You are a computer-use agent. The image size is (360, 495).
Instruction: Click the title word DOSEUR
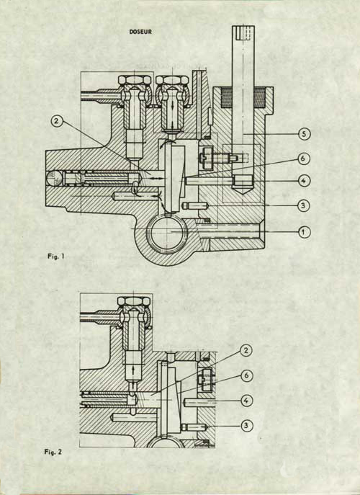(140, 32)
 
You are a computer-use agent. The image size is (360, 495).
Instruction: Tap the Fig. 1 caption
(56, 256)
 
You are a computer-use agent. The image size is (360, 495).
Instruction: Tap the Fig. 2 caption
(53, 452)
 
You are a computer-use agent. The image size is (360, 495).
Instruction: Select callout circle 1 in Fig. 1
(304, 232)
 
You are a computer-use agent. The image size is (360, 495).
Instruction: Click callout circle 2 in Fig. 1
(57, 121)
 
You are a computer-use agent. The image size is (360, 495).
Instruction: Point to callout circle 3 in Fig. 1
(303, 206)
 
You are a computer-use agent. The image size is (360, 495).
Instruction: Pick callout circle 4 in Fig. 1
(304, 181)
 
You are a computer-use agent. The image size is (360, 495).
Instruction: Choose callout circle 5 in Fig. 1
(304, 134)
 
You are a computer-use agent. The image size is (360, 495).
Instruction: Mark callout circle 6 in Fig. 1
(304, 158)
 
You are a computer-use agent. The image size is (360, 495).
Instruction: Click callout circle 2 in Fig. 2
(247, 350)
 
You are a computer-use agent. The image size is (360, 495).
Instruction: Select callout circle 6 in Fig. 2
(247, 375)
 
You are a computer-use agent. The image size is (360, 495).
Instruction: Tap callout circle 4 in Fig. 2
(247, 401)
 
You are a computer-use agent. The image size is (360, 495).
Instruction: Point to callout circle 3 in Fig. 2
(247, 426)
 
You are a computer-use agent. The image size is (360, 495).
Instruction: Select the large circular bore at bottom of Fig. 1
(167, 232)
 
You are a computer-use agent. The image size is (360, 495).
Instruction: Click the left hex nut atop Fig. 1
(134, 80)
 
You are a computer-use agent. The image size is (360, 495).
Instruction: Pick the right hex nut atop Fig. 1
(172, 80)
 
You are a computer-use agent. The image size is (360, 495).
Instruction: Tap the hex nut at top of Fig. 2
(133, 301)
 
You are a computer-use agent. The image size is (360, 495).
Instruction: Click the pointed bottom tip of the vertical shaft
(243, 193)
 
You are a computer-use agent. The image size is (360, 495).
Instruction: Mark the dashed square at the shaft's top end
(243, 33)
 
